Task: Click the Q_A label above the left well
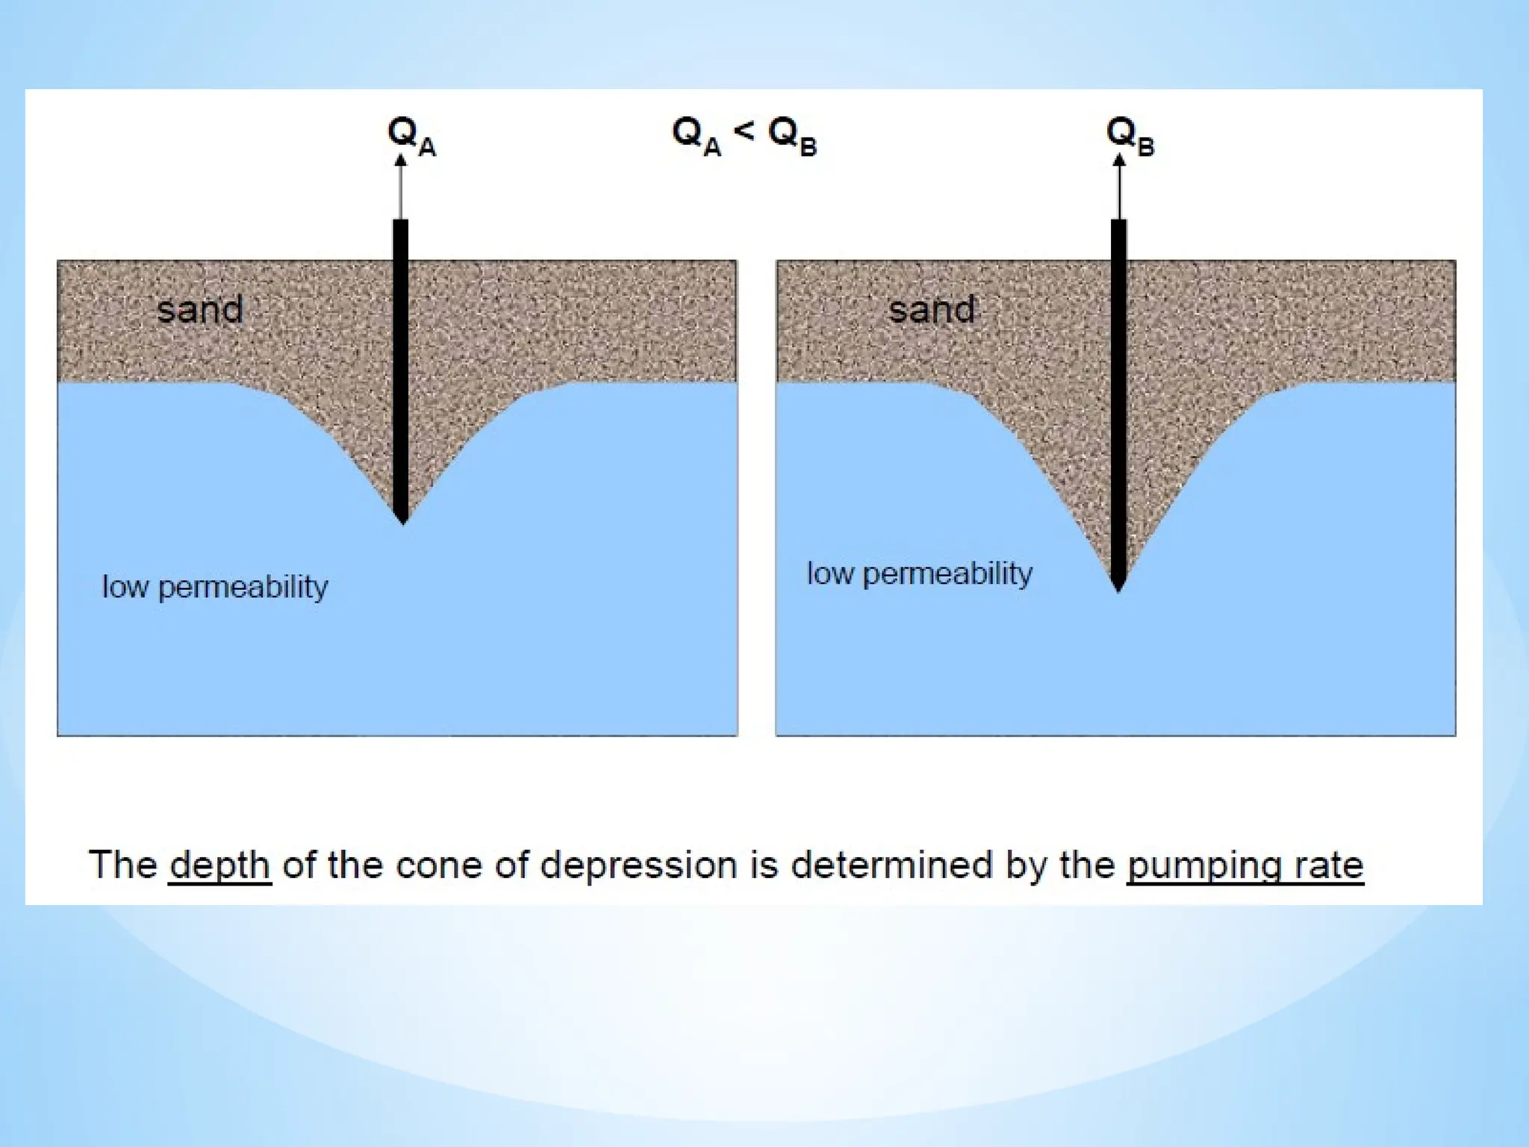point(411,137)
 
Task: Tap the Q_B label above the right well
point(1129,137)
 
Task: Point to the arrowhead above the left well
point(401,160)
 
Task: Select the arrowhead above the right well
point(1119,160)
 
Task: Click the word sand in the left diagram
point(200,309)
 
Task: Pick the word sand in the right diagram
point(932,309)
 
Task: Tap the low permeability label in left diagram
point(215,587)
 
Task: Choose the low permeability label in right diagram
point(920,573)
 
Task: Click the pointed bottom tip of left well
point(402,521)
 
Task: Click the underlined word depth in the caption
point(219,865)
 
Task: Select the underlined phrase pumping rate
point(1245,865)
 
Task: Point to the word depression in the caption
point(638,865)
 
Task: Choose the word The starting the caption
point(123,865)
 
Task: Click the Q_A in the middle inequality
point(696,137)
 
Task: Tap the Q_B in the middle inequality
point(792,137)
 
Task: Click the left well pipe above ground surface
point(401,239)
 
